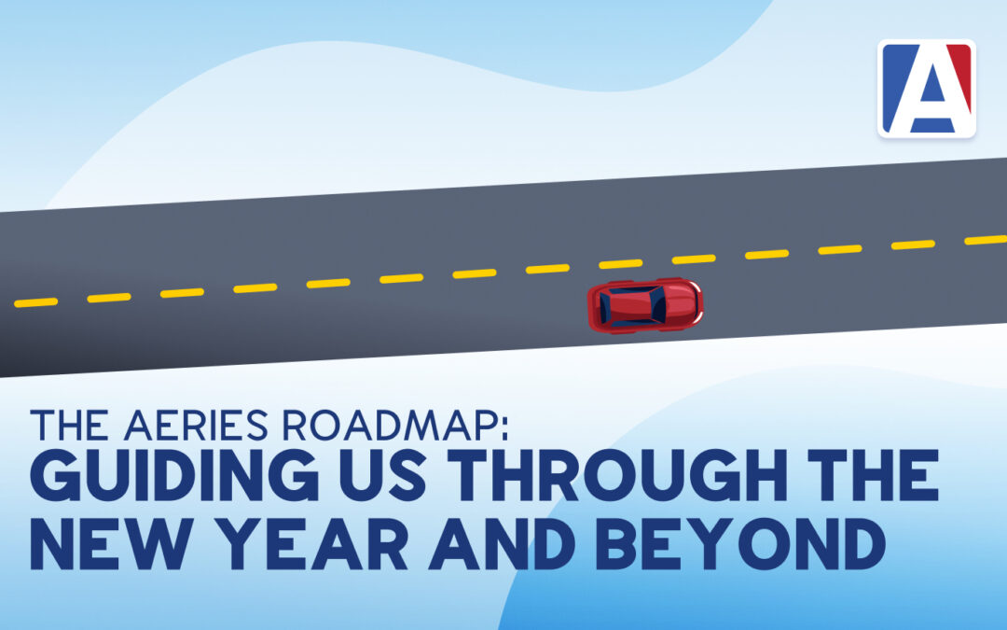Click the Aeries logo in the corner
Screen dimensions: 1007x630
(927, 89)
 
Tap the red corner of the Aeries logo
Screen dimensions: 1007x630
(960, 72)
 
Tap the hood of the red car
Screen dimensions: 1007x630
(683, 302)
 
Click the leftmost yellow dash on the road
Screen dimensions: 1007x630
(36, 302)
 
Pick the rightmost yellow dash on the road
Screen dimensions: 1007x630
(986, 240)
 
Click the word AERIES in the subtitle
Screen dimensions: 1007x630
(196, 425)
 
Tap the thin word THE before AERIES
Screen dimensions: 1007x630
(69, 425)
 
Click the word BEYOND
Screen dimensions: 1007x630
(740, 545)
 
